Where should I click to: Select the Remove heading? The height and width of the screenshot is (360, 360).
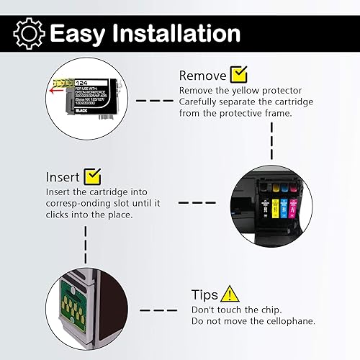pyautogui.click(x=202, y=75)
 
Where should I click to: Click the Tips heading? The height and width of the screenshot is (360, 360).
pyautogui.click(x=205, y=295)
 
